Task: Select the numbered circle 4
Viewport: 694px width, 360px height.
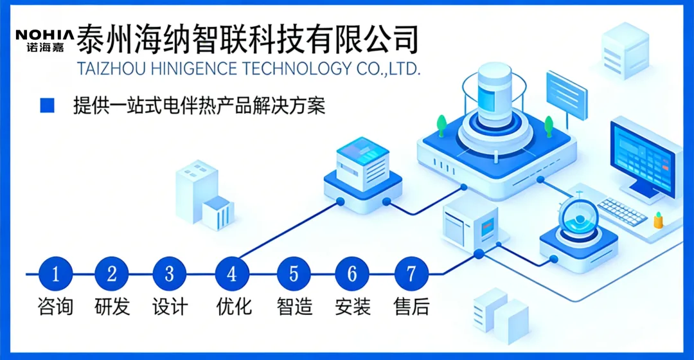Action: tap(231, 274)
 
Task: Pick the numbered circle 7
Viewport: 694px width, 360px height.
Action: tap(411, 274)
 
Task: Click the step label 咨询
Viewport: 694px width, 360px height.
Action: tap(55, 307)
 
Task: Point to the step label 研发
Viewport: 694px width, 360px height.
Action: tap(112, 307)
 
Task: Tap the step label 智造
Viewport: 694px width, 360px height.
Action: tap(294, 307)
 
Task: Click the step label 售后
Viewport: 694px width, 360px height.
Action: tap(411, 307)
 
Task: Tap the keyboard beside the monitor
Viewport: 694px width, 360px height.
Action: tap(621, 211)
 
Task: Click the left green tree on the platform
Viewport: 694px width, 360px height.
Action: tap(441, 123)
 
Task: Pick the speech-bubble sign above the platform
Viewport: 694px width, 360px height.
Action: tap(566, 93)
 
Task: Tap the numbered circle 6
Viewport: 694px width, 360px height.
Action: tap(352, 274)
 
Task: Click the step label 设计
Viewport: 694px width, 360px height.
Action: tap(170, 307)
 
